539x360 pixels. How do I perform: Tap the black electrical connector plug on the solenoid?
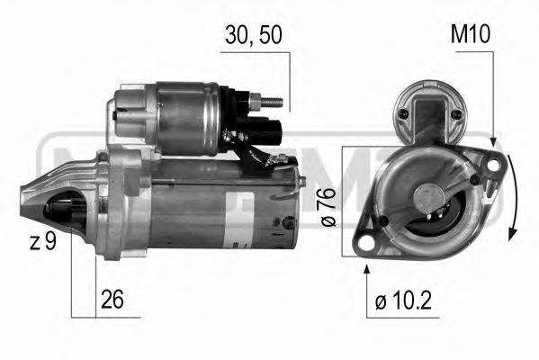tap(274, 126)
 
